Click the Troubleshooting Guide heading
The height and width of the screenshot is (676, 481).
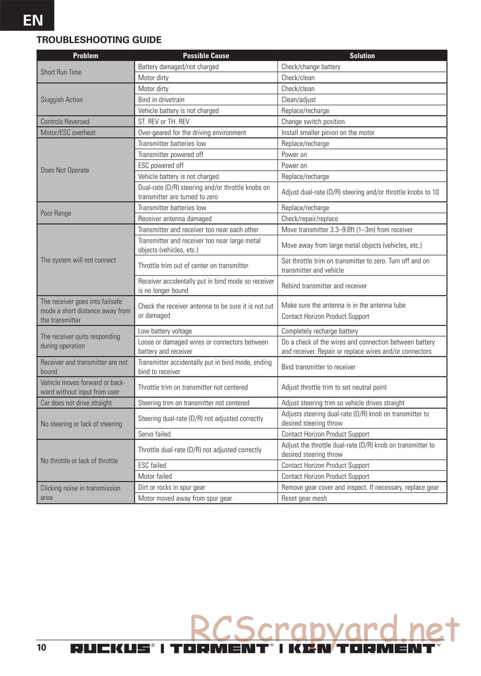click(99, 40)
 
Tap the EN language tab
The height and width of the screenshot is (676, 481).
click(33, 20)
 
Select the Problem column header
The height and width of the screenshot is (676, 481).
click(86, 56)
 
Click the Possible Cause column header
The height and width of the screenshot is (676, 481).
click(206, 56)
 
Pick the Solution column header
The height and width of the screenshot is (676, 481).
click(362, 56)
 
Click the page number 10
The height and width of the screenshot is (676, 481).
click(42, 647)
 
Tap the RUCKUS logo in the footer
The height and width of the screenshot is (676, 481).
click(110, 649)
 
